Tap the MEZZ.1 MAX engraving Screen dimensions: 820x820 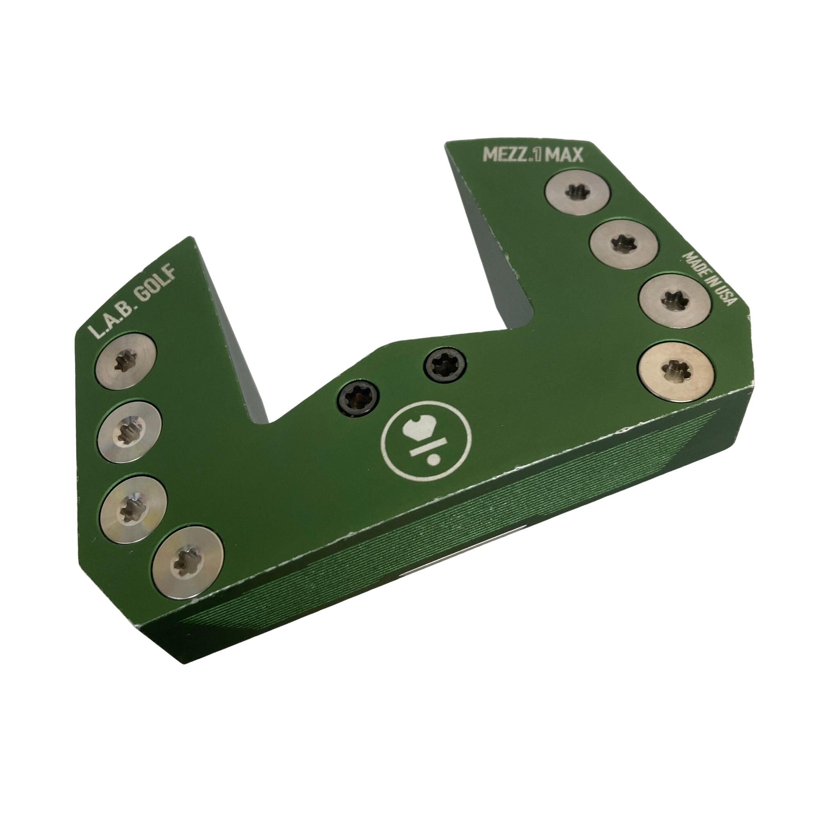pos(534,156)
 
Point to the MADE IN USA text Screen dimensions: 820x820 pos(710,278)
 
